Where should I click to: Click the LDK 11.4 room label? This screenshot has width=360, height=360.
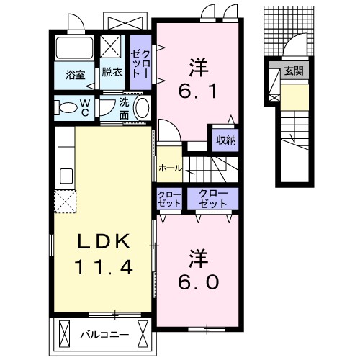click(x=104, y=254)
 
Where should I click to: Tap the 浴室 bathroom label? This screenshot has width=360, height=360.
click(x=75, y=76)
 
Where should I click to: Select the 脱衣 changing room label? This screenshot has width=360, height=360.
click(x=112, y=72)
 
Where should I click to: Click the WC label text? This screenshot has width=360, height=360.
click(x=85, y=108)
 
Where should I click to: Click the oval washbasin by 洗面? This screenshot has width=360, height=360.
click(x=141, y=107)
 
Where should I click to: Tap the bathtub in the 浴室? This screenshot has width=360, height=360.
click(x=74, y=48)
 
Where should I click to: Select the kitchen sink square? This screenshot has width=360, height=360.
click(x=66, y=176)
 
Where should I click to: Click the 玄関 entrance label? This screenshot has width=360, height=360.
click(x=294, y=71)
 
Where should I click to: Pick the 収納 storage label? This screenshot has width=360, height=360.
click(x=226, y=140)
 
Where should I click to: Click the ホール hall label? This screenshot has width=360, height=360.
click(x=170, y=168)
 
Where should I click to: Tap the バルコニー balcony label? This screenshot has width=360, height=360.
click(x=104, y=334)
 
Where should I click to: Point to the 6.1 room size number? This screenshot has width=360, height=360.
click(x=198, y=91)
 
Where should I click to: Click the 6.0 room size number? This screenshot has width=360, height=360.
click(x=198, y=282)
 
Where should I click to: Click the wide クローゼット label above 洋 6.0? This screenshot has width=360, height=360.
click(x=212, y=199)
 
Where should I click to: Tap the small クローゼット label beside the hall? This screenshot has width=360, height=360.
click(x=169, y=199)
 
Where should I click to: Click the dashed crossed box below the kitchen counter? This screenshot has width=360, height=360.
click(x=65, y=202)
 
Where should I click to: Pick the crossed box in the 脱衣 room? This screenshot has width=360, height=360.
click(x=110, y=47)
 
